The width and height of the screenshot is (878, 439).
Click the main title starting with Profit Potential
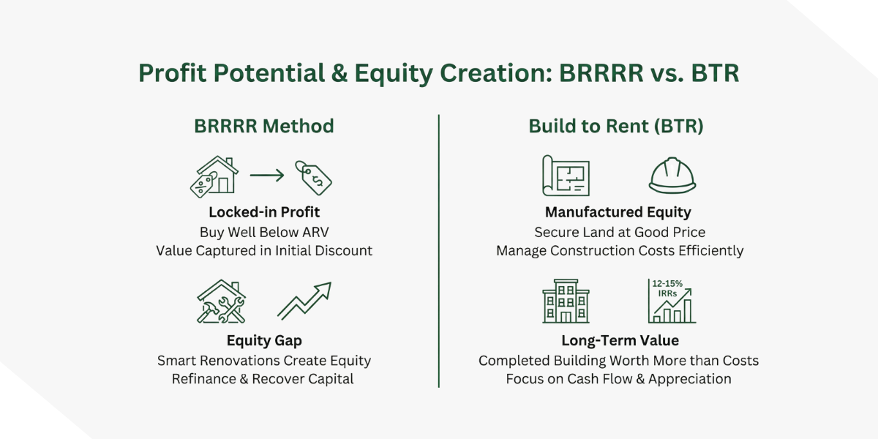pyautogui.click(x=439, y=73)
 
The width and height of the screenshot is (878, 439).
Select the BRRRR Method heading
pyautogui.click(x=263, y=126)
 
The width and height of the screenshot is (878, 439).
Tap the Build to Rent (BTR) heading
pyautogui.click(x=616, y=126)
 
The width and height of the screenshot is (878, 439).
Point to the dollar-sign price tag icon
pyautogui.click(x=313, y=176)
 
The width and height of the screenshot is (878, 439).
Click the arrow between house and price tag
pyautogui.click(x=266, y=176)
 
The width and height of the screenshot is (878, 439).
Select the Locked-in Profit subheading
pyautogui.click(x=263, y=213)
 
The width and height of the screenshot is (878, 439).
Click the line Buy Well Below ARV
pyautogui.click(x=263, y=232)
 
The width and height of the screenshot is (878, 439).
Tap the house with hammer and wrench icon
pyautogui.click(x=221, y=301)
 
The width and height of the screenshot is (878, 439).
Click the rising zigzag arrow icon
pyautogui.click(x=304, y=301)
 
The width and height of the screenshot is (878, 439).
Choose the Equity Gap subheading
pyautogui.click(x=263, y=340)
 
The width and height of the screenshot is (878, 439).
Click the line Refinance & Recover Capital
pyautogui.click(x=263, y=379)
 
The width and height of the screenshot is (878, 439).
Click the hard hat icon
pyautogui.click(x=672, y=176)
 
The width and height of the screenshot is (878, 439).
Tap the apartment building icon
pyautogui.click(x=566, y=301)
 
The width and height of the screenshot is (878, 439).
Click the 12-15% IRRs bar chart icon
pyautogui.click(x=672, y=301)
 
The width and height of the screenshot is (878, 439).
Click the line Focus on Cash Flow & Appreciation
pyautogui.click(x=619, y=379)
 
